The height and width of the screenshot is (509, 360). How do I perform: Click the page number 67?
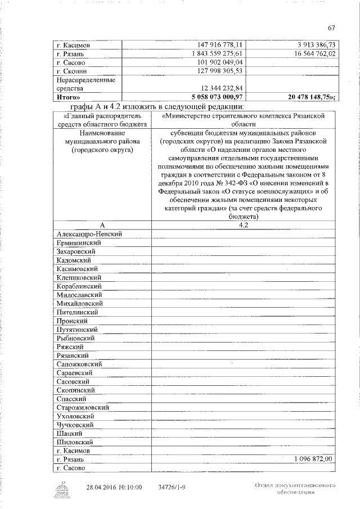click(331, 28)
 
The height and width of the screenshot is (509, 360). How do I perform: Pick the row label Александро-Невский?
click(90, 233)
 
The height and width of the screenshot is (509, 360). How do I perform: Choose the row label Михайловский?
click(80, 303)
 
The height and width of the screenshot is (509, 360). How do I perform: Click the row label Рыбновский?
click(78, 338)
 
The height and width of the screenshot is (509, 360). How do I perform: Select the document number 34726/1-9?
click(174, 487)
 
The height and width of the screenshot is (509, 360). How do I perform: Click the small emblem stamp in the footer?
click(64, 489)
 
